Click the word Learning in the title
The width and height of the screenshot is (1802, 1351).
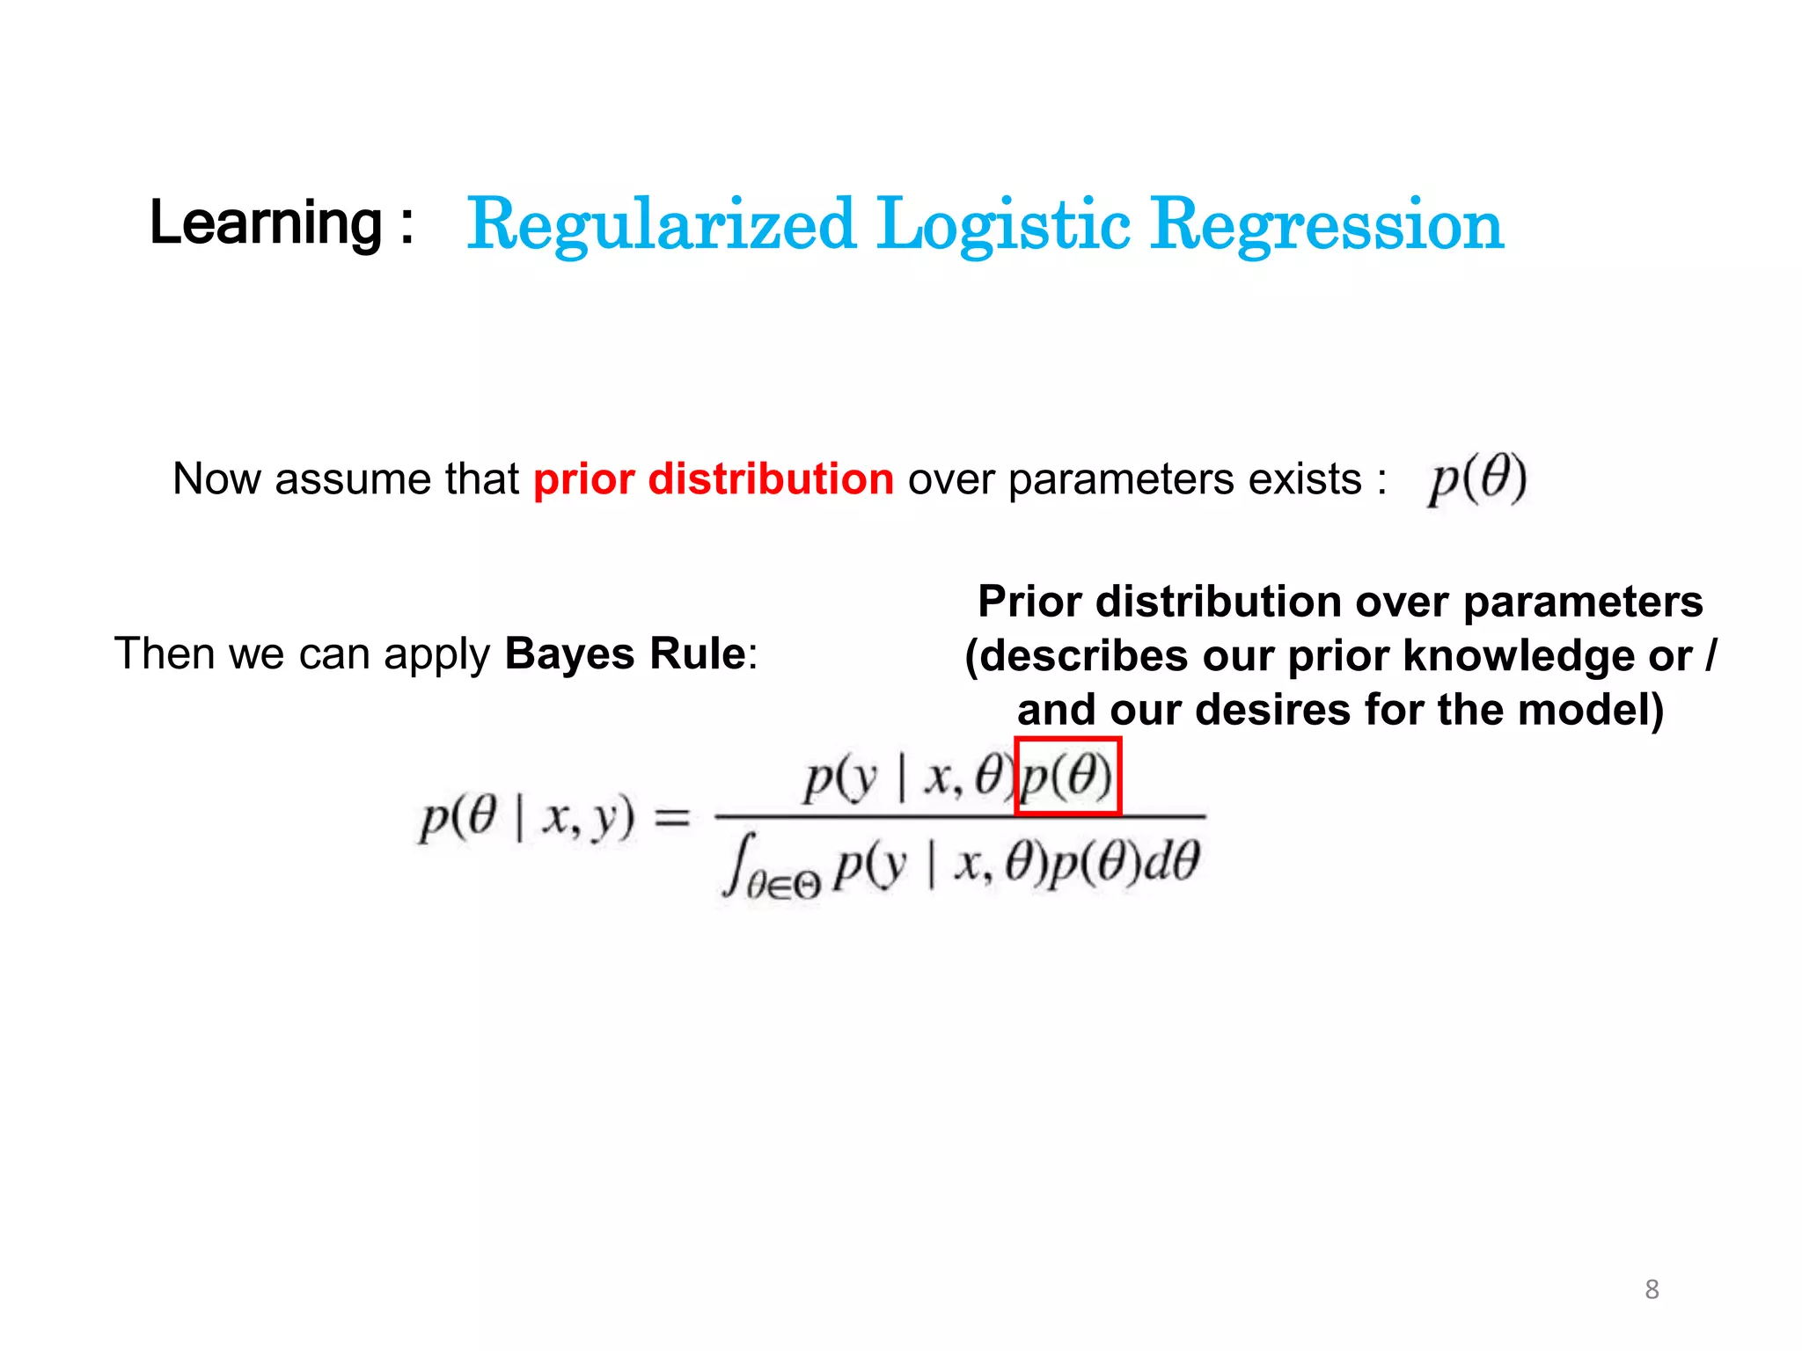pyautogui.click(x=266, y=223)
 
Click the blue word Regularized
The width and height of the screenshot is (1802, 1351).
pyautogui.click(x=661, y=225)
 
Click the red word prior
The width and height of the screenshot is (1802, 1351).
pyautogui.click(x=584, y=479)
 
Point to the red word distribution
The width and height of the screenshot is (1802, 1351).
pyautogui.click(x=771, y=479)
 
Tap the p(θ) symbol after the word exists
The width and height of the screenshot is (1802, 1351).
pyautogui.click(x=1477, y=479)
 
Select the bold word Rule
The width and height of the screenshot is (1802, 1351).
pyautogui.click(x=698, y=654)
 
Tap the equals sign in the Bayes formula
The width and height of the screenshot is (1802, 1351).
pyautogui.click(x=672, y=819)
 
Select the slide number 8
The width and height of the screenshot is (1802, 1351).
pyautogui.click(x=1652, y=1289)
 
